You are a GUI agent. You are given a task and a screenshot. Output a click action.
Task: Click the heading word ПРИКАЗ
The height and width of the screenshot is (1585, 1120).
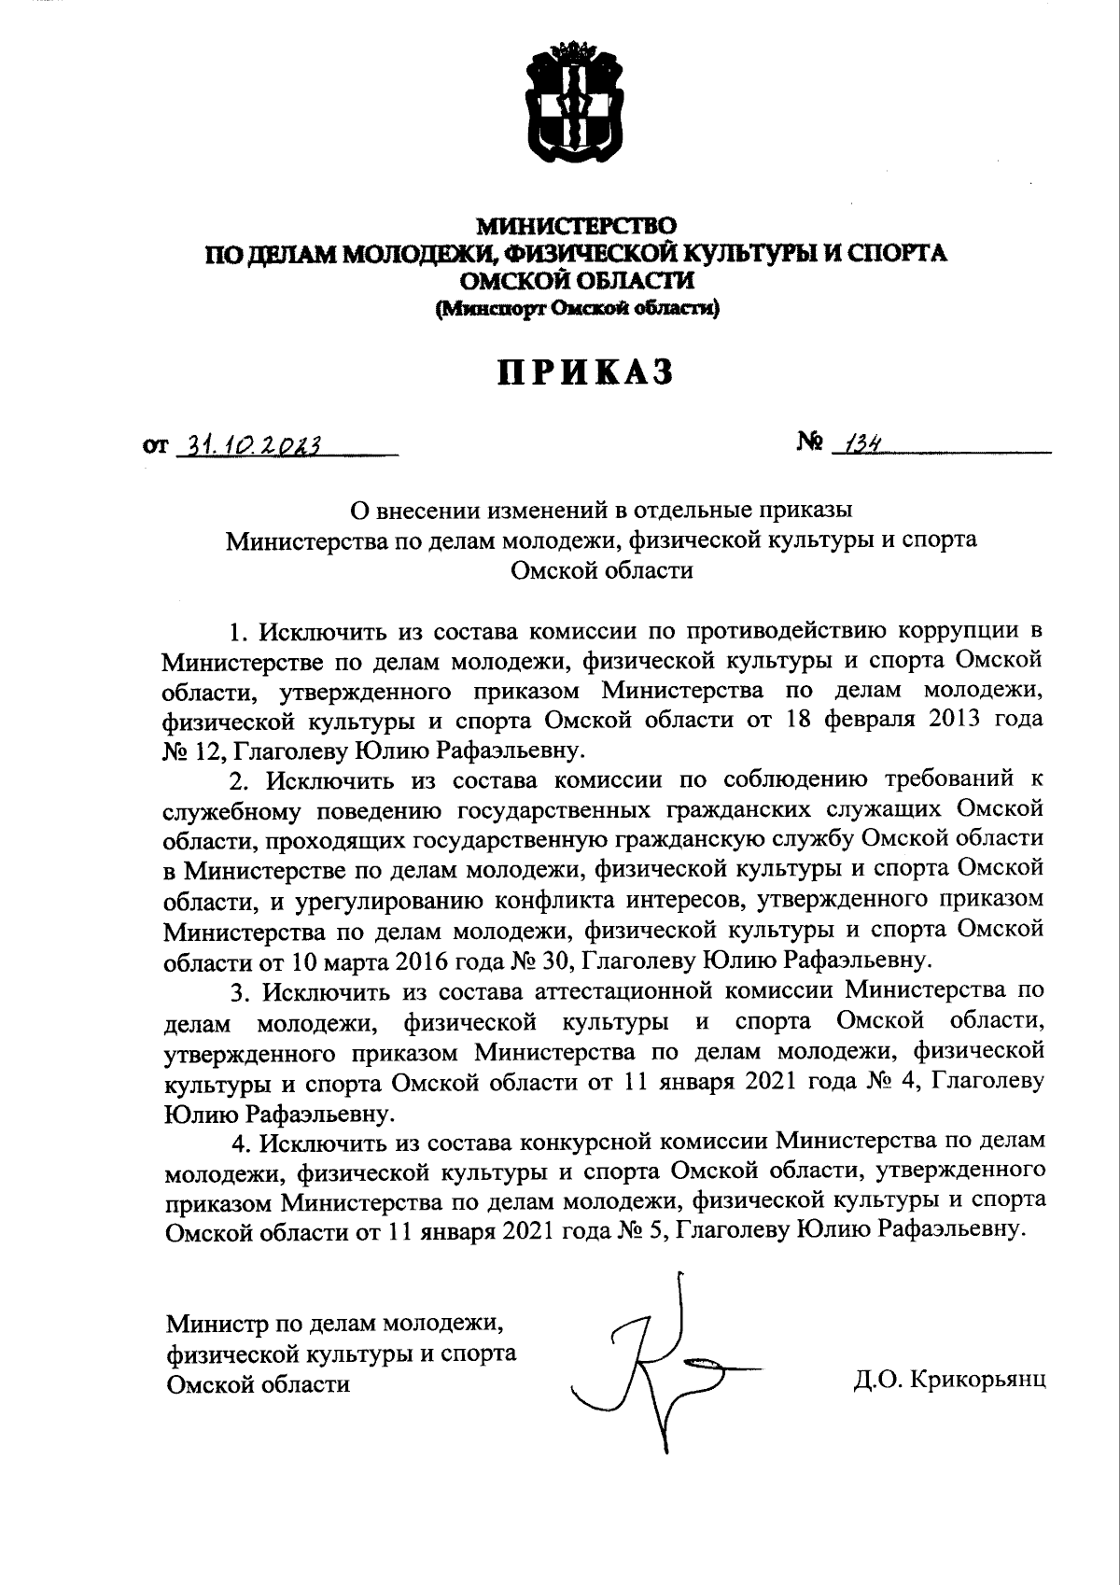point(583,372)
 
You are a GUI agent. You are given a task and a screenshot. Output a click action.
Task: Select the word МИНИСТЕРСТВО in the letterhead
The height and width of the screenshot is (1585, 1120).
point(576,226)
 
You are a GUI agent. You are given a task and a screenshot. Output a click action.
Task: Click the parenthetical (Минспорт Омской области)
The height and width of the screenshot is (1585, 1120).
point(576,310)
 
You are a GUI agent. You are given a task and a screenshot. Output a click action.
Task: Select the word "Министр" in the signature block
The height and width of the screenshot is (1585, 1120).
point(215,1323)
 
